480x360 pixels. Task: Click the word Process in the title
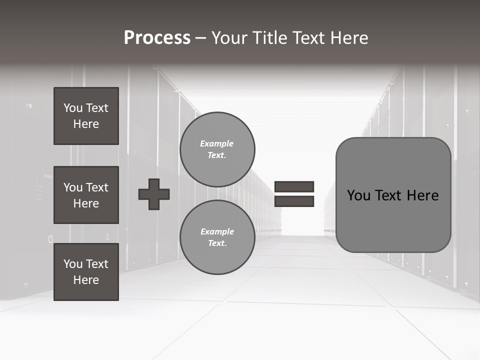point(157,38)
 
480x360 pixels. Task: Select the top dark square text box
point(86,116)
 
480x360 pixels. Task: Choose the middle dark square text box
point(86,195)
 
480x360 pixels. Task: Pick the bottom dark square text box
point(86,272)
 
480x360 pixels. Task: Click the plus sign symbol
point(154,194)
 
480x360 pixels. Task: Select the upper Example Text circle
point(217,149)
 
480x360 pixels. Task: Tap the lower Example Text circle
point(217,237)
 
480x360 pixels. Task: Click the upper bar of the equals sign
point(294,186)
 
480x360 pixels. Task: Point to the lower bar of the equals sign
point(294,201)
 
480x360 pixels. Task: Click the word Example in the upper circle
point(216,144)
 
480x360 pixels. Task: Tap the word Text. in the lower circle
point(217,243)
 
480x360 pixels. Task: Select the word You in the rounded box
point(359,195)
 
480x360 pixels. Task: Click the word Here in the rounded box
point(422,195)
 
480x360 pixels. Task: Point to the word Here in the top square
point(86,124)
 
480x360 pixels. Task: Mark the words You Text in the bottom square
point(86,264)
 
